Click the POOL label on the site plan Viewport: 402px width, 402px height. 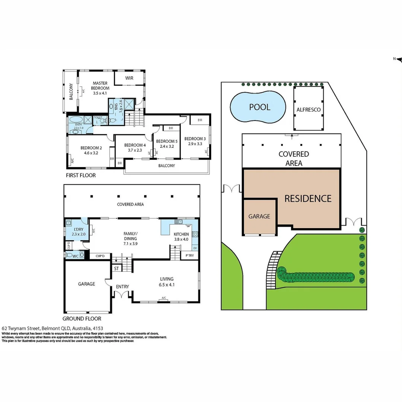click(259, 107)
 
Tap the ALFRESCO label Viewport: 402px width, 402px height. click(308, 109)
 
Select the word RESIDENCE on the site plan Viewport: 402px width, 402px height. click(308, 198)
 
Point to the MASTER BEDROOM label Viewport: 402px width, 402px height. click(100, 86)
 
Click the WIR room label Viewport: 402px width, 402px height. click(129, 78)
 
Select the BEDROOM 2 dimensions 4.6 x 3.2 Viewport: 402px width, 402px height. click(89, 153)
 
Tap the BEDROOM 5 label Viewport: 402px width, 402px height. click(167, 141)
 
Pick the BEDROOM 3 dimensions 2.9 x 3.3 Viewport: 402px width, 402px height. click(195, 144)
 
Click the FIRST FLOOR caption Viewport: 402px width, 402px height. click(81, 175)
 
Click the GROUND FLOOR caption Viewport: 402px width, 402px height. click(82, 319)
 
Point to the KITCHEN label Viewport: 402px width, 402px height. click(181, 234)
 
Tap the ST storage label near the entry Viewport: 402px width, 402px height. click(116, 268)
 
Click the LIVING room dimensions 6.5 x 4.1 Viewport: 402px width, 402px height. click(167, 285)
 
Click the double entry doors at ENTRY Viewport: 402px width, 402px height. click(122, 295)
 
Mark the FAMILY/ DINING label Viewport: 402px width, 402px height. click(130, 236)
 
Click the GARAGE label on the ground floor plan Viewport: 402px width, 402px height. click(86, 284)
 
